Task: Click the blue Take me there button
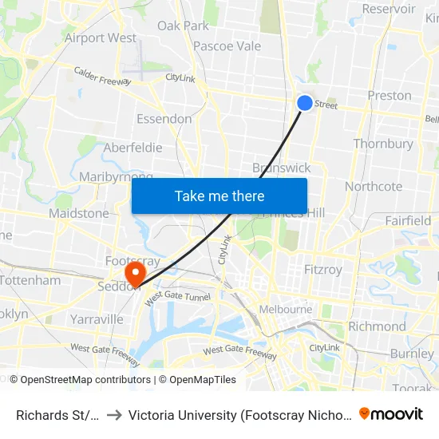[x=219, y=196]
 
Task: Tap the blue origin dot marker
[x=305, y=103]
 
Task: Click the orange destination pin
[x=136, y=273]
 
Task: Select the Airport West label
[x=101, y=38]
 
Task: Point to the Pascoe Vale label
[x=227, y=46]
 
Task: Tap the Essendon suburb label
[x=164, y=119]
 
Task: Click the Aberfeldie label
[x=132, y=148]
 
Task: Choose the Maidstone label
[x=78, y=213]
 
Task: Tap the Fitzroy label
[x=323, y=270]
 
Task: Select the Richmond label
[x=377, y=326]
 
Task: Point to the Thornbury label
[x=383, y=144]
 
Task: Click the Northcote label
[x=374, y=186]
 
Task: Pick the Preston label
[x=390, y=95]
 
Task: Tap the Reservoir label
[x=389, y=9]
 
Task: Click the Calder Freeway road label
[x=102, y=75]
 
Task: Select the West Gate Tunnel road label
[x=176, y=296]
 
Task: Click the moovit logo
[x=391, y=413]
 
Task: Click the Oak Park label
[x=183, y=26]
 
